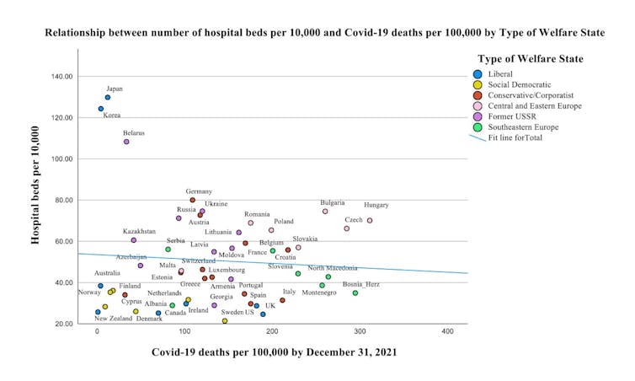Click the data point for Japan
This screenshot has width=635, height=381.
[x=108, y=98]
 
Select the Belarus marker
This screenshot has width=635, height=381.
[x=126, y=142]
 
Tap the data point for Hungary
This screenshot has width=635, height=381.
[x=369, y=221]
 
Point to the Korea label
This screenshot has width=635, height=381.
[x=112, y=115]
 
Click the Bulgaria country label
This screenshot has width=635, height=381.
[x=333, y=202]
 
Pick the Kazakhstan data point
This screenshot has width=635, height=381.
[x=133, y=240]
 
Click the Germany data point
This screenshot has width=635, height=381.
[x=192, y=201]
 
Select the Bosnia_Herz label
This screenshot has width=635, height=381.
[x=361, y=284]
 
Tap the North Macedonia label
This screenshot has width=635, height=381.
[x=332, y=268]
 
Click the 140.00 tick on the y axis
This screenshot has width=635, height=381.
[x=63, y=77]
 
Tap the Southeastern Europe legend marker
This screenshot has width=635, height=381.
[x=478, y=127]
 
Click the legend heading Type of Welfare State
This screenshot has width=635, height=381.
[x=531, y=58]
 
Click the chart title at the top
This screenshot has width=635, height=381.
[x=324, y=34]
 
